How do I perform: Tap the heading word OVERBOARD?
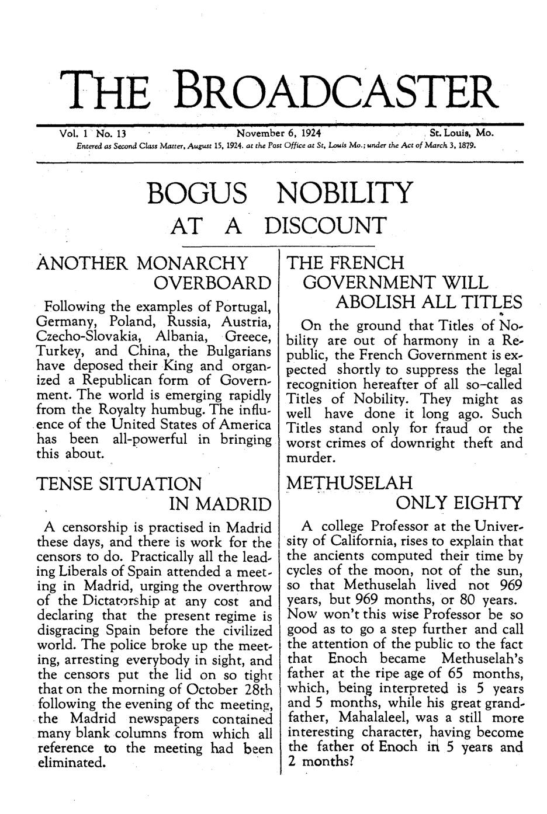point(213,284)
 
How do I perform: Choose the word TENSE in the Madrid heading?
point(65,484)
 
